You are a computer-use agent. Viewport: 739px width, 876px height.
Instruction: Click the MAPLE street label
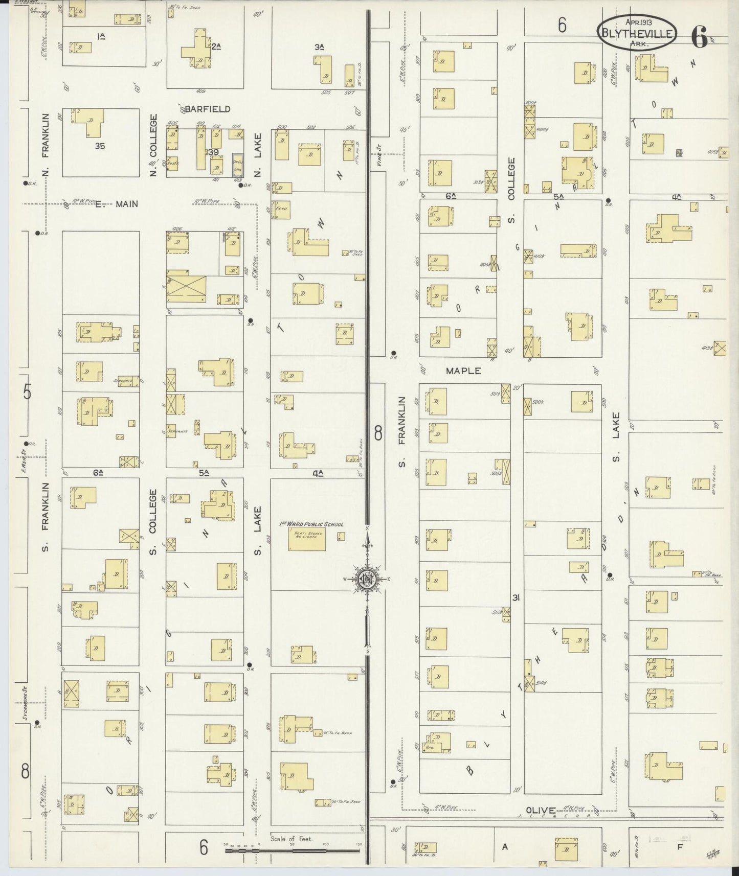coord(463,371)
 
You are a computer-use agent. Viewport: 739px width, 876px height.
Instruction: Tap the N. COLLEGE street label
coord(152,145)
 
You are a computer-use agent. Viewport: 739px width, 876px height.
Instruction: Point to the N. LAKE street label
coord(258,151)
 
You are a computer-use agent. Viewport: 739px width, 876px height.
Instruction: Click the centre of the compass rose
coord(367,579)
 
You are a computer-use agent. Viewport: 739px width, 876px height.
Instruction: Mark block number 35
coord(100,146)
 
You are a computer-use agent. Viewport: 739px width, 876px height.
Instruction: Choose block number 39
coord(213,152)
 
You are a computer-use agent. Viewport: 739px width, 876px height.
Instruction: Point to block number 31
coord(516,597)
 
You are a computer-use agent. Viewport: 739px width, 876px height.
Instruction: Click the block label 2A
coord(216,47)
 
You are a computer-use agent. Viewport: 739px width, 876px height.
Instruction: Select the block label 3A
coord(320,47)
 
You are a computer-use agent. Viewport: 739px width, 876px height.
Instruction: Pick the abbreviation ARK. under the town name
coord(637,44)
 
